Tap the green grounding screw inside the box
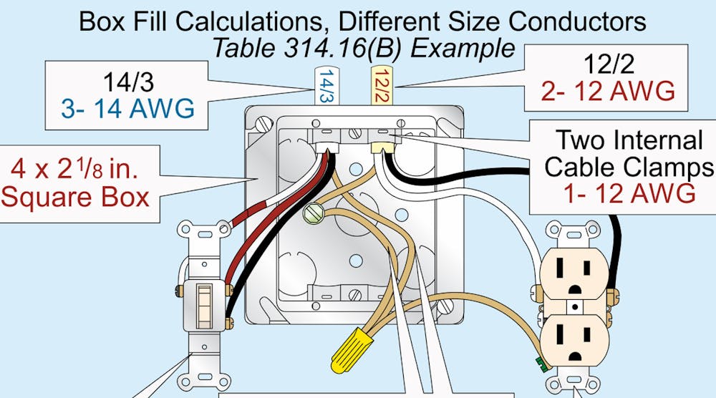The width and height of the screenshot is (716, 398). click(313, 213)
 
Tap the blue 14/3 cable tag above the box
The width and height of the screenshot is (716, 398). click(326, 85)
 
